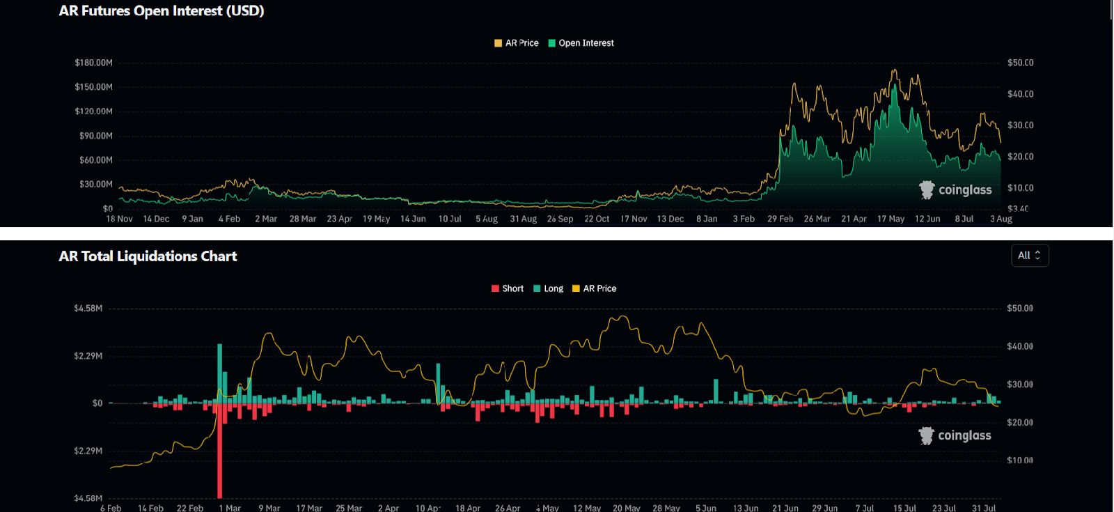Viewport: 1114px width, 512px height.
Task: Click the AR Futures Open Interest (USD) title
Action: coord(162,11)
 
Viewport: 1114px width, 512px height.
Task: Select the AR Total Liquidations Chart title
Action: coord(148,256)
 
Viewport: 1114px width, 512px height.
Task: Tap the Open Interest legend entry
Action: coord(581,43)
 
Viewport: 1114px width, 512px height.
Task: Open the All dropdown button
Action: coord(1029,256)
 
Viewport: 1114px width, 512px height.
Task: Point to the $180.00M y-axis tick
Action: coord(93,63)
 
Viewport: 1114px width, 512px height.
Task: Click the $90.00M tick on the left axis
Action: coord(95,136)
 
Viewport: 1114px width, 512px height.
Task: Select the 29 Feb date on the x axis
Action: coord(780,219)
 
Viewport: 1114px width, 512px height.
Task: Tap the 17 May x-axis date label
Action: coord(891,219)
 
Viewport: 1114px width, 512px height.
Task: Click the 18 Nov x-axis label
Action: coord(119,219)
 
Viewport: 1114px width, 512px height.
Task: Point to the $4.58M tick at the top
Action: coord(88,308)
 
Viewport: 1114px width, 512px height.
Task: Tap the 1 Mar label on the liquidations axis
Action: coord(229,508)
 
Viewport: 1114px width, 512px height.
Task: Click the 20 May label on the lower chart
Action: coord(626,508)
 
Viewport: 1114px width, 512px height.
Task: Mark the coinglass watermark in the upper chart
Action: coord(955,189)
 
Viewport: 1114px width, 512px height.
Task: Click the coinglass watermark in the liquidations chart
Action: coord(955,435)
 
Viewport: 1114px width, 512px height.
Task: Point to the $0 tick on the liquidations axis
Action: coord(97,403)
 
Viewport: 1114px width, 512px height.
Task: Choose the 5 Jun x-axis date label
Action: coord(705,508)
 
